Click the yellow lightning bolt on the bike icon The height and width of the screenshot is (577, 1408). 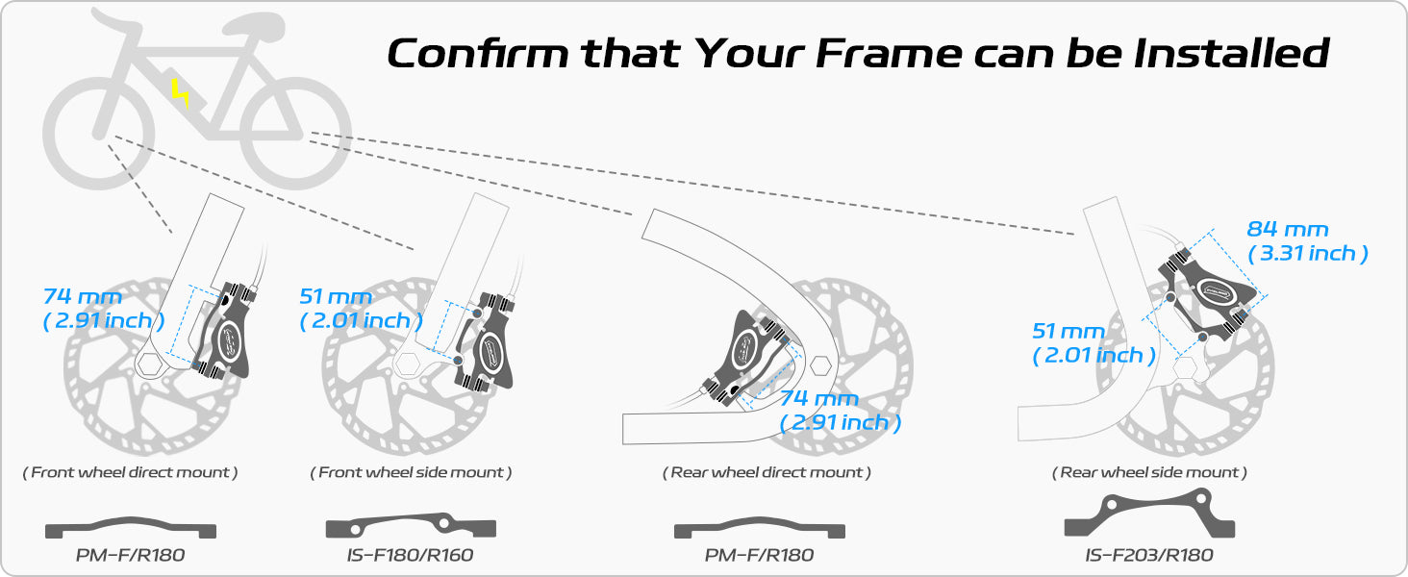181,93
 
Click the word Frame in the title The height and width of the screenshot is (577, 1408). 888,53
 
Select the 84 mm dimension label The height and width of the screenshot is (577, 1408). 1288,230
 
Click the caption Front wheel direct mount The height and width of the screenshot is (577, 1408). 130,472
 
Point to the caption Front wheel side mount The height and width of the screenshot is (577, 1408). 411,472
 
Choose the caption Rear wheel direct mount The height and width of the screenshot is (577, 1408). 767,472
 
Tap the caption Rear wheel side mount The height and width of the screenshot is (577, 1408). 1149,472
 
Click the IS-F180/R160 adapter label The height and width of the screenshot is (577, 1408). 410,555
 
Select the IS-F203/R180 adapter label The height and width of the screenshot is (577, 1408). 1149,555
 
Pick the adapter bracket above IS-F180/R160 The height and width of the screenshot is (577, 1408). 411,526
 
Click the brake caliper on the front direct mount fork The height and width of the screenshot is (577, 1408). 224,331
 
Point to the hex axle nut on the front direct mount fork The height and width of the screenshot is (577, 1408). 150,364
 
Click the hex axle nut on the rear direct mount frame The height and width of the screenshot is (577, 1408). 820,365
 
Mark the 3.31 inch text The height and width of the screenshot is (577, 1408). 1307,253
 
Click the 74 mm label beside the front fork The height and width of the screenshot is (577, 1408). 82,296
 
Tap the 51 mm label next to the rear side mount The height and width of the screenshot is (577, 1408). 1068,331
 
